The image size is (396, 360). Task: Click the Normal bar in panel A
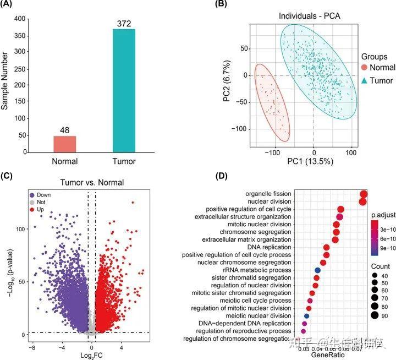pos(65,144)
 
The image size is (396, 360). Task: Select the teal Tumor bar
pos(124,90)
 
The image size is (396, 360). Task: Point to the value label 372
pos(124,23)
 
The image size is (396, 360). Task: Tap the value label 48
pos(65,130)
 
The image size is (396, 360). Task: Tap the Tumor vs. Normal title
pos(92,182)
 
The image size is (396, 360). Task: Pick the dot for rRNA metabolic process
pos(317,270)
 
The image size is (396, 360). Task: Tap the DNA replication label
pos(268,247)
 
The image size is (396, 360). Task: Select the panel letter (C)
pos(9,177)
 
